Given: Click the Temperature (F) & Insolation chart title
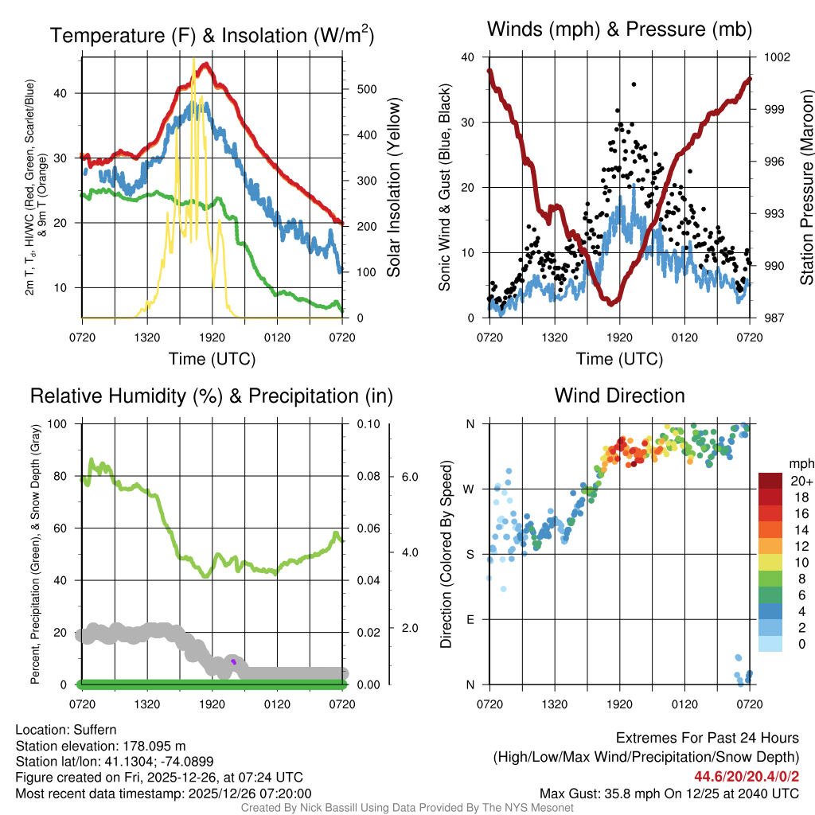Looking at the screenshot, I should pos(212,36).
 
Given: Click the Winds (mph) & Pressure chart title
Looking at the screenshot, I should pos(619,30).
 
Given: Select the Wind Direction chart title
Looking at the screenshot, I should pos(619,396).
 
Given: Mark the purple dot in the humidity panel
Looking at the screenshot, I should pos(233,661).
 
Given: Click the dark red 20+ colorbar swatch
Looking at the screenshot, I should pos(771,481).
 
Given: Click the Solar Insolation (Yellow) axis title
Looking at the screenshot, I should pos(394,188).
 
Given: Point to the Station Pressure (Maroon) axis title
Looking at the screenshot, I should pos(806,188).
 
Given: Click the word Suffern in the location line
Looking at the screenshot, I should pos(92,730).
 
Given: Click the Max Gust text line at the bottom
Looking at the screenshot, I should pos(669,793).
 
